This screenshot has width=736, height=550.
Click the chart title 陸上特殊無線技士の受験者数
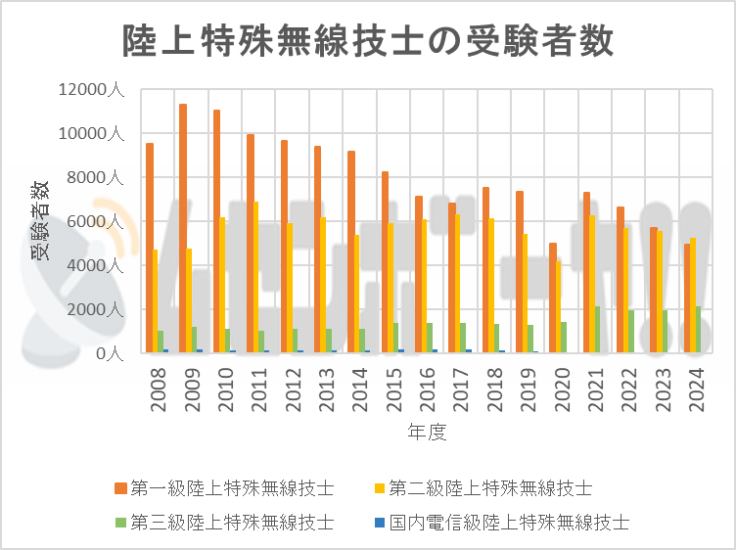(x=368, y=42)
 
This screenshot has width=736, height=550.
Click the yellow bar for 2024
(x=693, y=294)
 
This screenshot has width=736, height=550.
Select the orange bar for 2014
(x=351, y=251)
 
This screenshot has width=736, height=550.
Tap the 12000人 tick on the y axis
(x=90, y=90)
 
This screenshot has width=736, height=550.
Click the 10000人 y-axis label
(x=90, y=134)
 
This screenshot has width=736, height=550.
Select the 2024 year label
(x=696, y=388)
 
